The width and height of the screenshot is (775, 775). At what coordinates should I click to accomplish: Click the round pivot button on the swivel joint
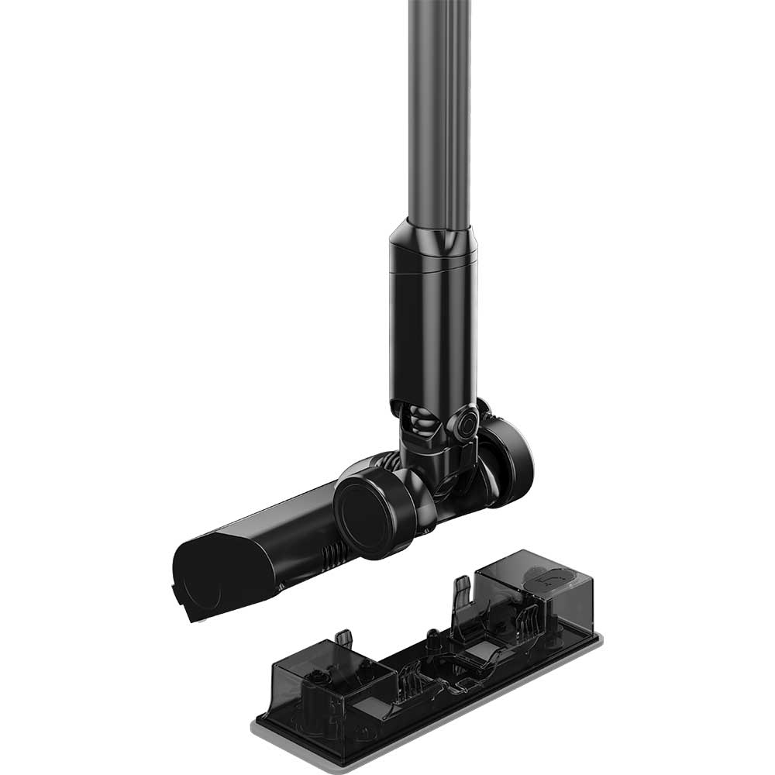coord(467,425)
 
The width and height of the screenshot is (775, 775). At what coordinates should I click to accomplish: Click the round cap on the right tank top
coord(553,577)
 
